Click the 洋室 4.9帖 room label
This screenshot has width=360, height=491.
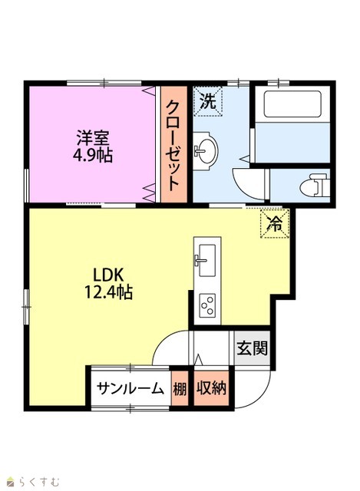[93, 147]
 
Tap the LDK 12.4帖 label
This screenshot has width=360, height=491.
[108, 284]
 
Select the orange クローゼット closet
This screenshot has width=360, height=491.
[174, 144]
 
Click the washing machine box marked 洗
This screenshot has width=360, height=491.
[208, 101]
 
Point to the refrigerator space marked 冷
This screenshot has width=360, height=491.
[275, 223]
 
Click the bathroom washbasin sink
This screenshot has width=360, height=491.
[206, 151]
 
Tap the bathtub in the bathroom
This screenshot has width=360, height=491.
[292, 104]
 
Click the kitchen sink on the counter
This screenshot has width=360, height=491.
[206, 260]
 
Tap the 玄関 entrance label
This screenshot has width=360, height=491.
[253, 348]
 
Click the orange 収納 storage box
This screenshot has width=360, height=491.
[212, 389]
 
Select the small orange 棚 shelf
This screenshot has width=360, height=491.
[180, 389]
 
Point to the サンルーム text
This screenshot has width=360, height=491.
[130, 389]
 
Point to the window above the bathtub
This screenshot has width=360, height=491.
[278, 83]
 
